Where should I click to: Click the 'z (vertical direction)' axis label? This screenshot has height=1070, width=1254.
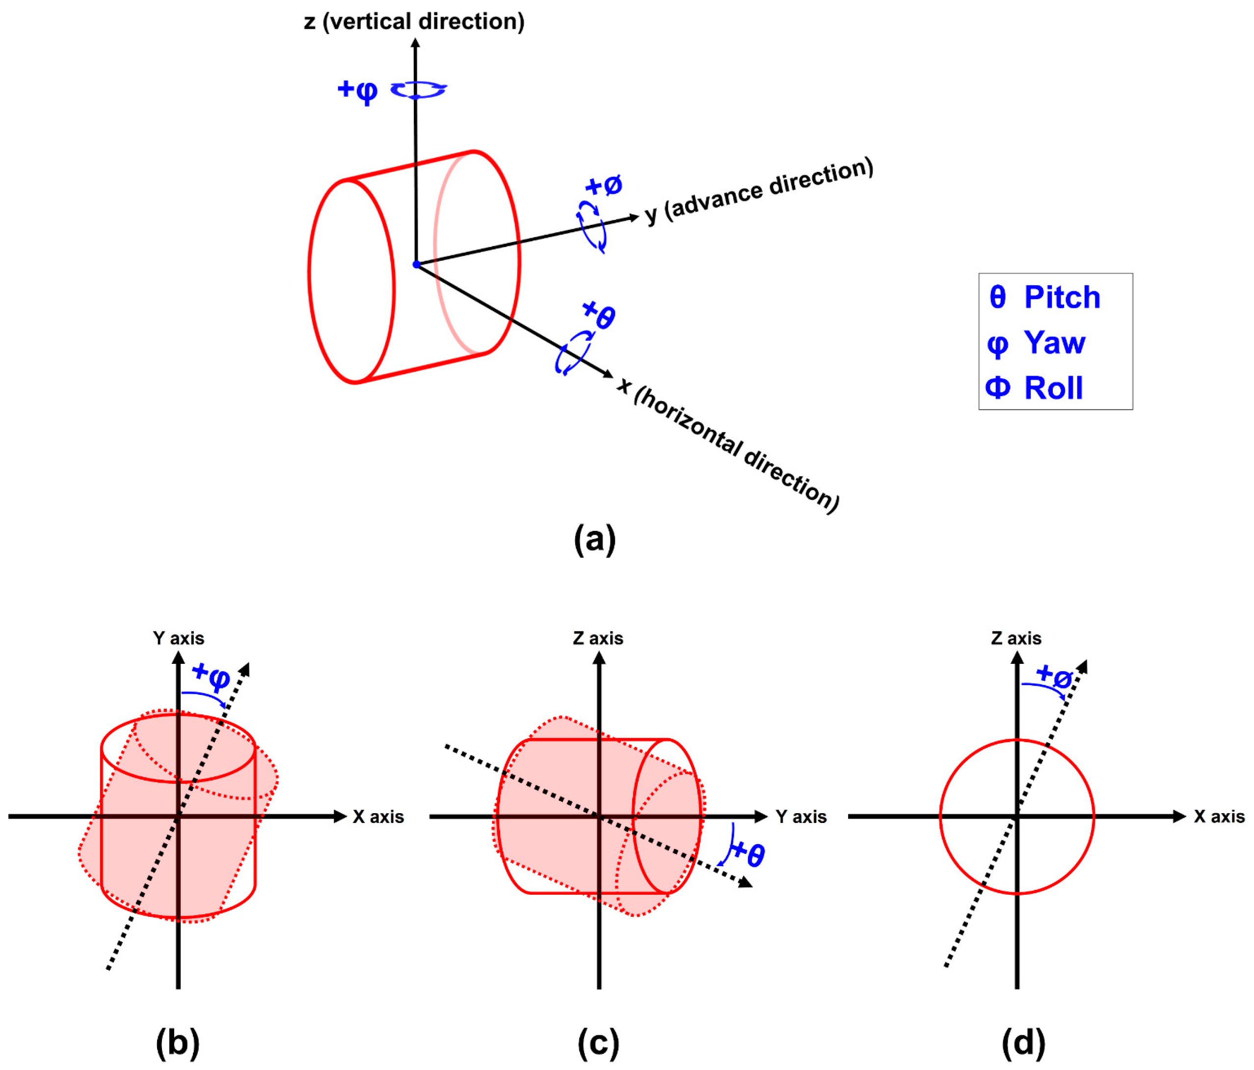tap(414, 22)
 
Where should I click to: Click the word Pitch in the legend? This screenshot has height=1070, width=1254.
tap(1062, 297)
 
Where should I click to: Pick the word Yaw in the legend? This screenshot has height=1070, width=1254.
tap(1054, 343)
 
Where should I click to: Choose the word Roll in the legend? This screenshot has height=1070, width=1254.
tap(1053, 388)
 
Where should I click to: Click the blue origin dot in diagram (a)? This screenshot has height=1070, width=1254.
tap(416, 265)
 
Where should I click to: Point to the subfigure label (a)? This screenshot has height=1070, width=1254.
tap(594, 538)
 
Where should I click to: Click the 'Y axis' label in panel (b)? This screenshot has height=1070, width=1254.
tap(179, 638)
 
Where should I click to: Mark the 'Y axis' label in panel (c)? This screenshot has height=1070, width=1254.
tap(800, 817)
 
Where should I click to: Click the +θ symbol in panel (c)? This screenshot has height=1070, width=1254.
tap(748, 854)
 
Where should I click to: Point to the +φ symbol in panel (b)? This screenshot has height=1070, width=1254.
tap(211, 676)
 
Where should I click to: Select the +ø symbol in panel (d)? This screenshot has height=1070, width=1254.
tap(1054, 676)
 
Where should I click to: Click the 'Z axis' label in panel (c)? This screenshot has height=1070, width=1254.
tap(598, 638)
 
